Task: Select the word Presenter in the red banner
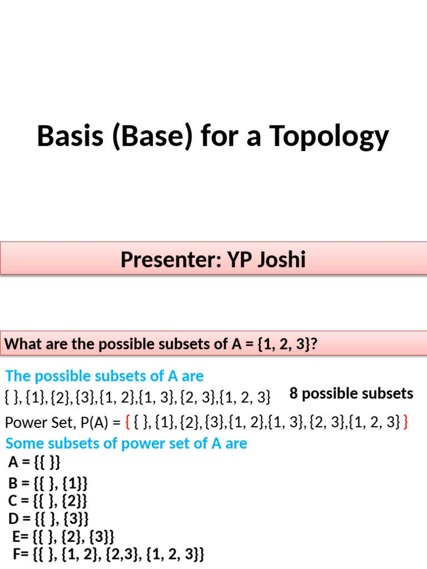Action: tap(166, 259)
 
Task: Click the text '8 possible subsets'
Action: tap(351, 393)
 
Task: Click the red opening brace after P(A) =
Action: tap(128, 423)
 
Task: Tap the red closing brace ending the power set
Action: tap(405, 423)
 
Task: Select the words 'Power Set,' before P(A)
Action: tap(38, 423)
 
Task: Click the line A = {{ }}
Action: tap(34, 462)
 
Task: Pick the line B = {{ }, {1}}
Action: tap(48, 482)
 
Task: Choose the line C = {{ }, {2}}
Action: tap(48, 500)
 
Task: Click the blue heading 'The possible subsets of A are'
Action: tap(105, 376)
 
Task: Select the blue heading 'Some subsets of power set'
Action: tap(126, 443)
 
